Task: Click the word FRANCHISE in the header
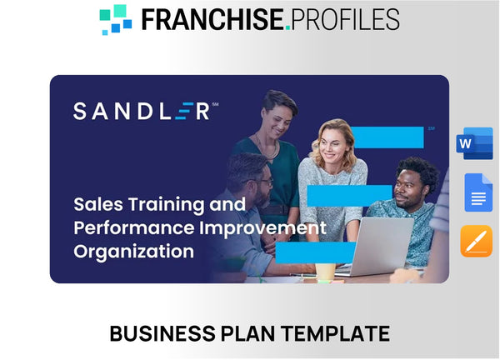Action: [x=212, y=18]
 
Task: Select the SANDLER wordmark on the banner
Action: [x=141, y=111]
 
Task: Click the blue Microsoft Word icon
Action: [x=475, y=143]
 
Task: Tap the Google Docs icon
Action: [x=477, y=192]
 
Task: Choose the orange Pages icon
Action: [x=477, y=241]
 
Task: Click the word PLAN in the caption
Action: [x=245, y=334]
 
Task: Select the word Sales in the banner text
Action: [x=97, y=204]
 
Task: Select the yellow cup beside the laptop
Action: [x=326, y=271]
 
